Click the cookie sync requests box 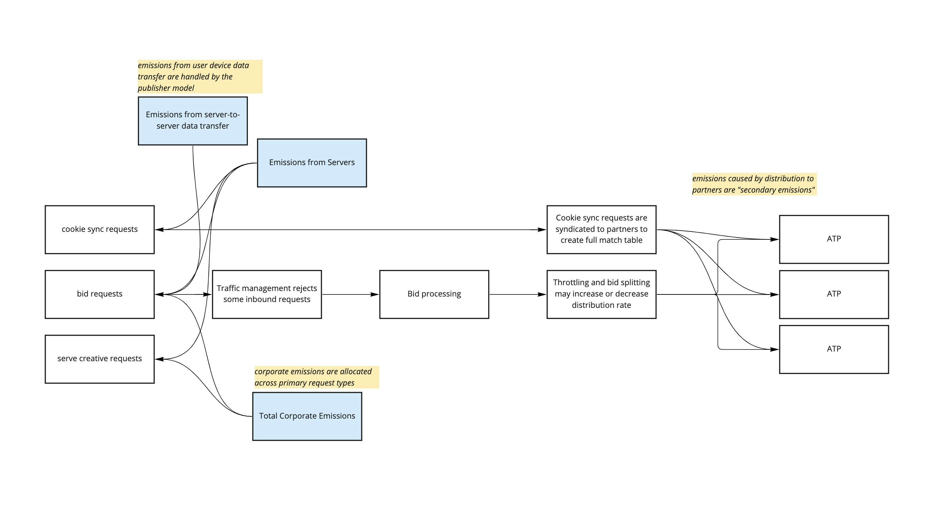tap(99, 229)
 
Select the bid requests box tap(99, 294)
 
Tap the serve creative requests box tap(99, 359)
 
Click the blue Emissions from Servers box tap(312, 163)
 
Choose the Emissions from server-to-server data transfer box tap(193, 121)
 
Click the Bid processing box tap(434, 294)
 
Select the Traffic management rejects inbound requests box tap(267, 294)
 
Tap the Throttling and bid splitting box tap(601, 294)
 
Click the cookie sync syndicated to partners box tap(601, 229)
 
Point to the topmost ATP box tap(834, 239)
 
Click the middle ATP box tap(834, 294)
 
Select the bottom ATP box tap(834, 349)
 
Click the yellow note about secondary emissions tap(754, 184)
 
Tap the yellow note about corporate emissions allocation tap(316, 377)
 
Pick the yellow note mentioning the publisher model tap(199, 76)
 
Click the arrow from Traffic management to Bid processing tap(350, 294)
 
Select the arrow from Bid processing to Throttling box tap(517, 294)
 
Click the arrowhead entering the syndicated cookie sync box tap(542, 229)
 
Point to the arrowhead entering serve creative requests tap(160, 359)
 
